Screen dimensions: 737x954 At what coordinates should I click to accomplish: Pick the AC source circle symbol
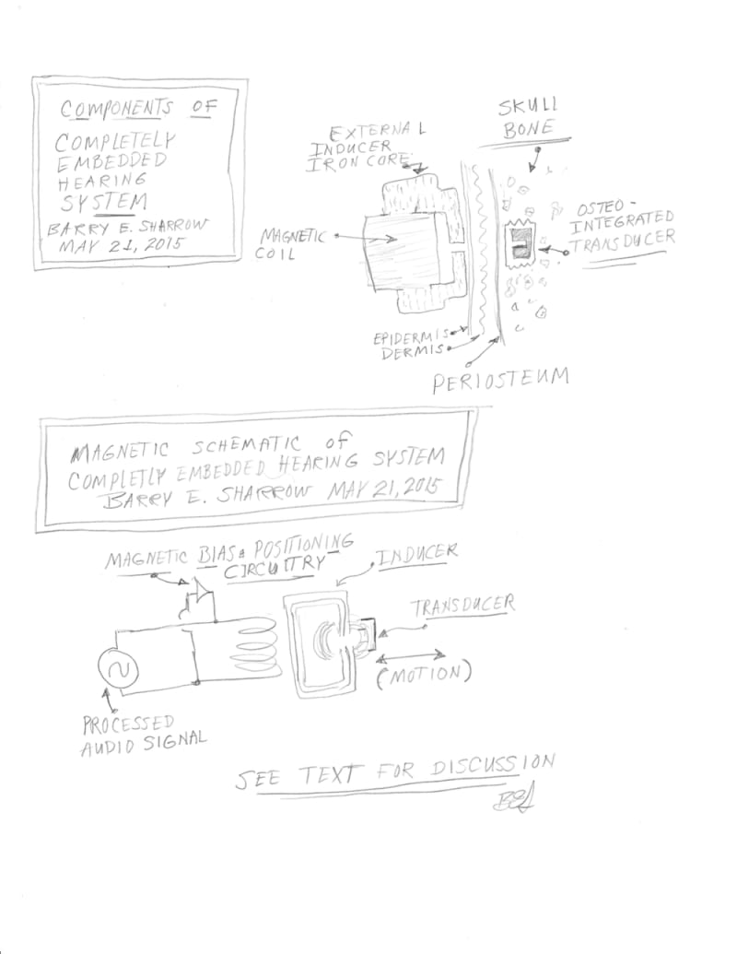point(119,672)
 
